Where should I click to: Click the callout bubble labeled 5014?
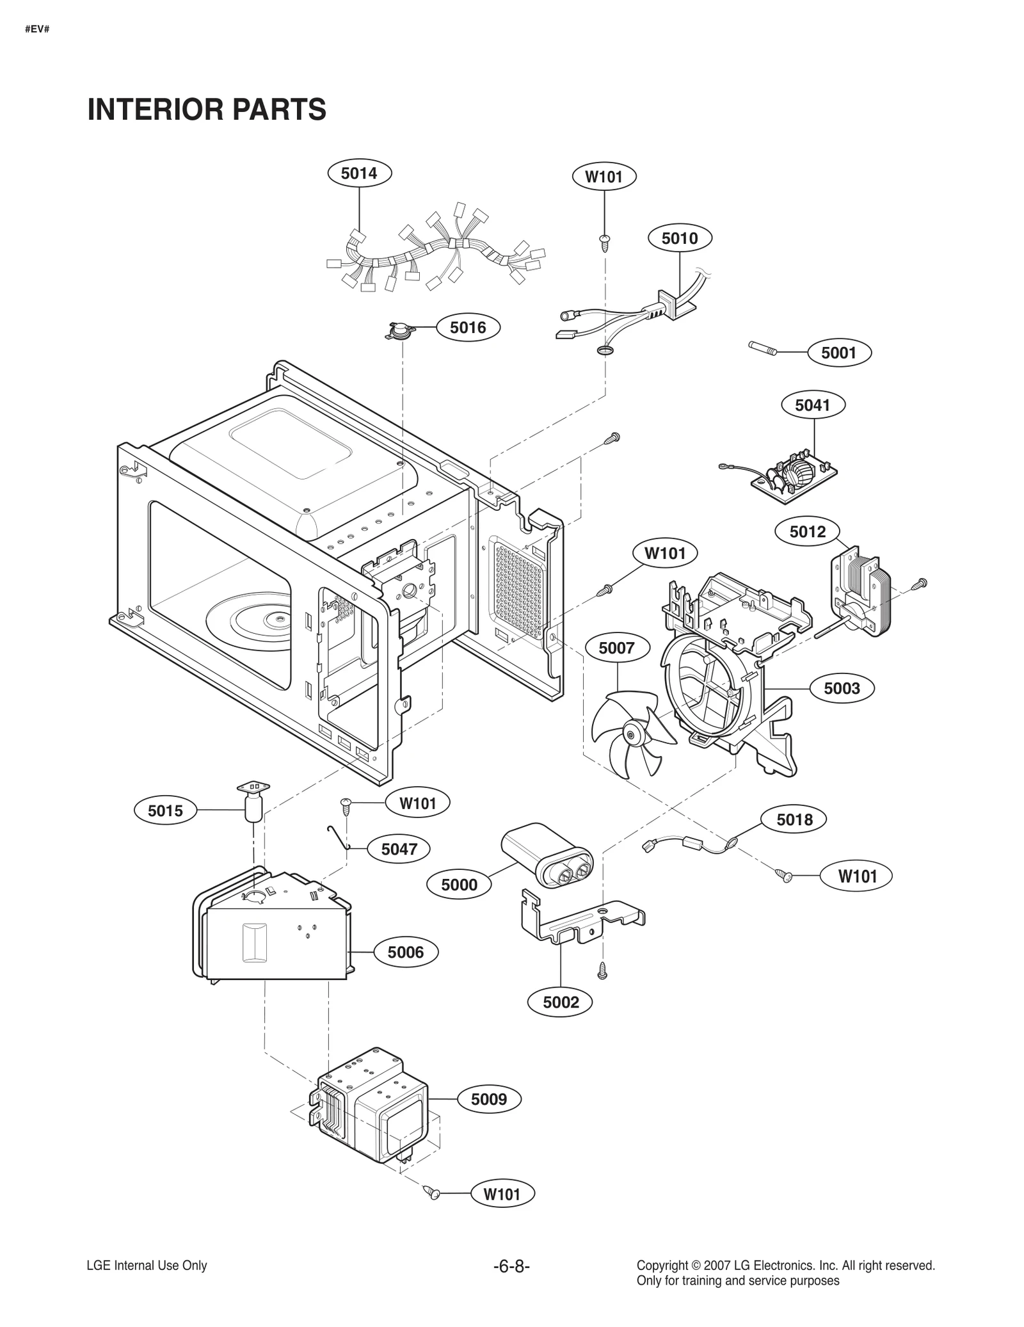click(x=359, y=173)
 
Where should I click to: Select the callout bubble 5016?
click(x=468, y=328)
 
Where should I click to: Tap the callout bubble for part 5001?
click(x=838, y=353)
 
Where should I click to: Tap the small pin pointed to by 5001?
click(x=763, y=348)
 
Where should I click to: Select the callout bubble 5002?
click(x=561, y=1002)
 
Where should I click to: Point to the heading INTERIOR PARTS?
click(x=207, y=109)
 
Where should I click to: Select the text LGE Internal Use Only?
click(x=147, y=1266)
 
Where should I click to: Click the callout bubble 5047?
click(x=399, y=849)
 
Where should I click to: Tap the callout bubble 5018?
click(x=794, y=819)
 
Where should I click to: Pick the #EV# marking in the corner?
click(x=37, y=29)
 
